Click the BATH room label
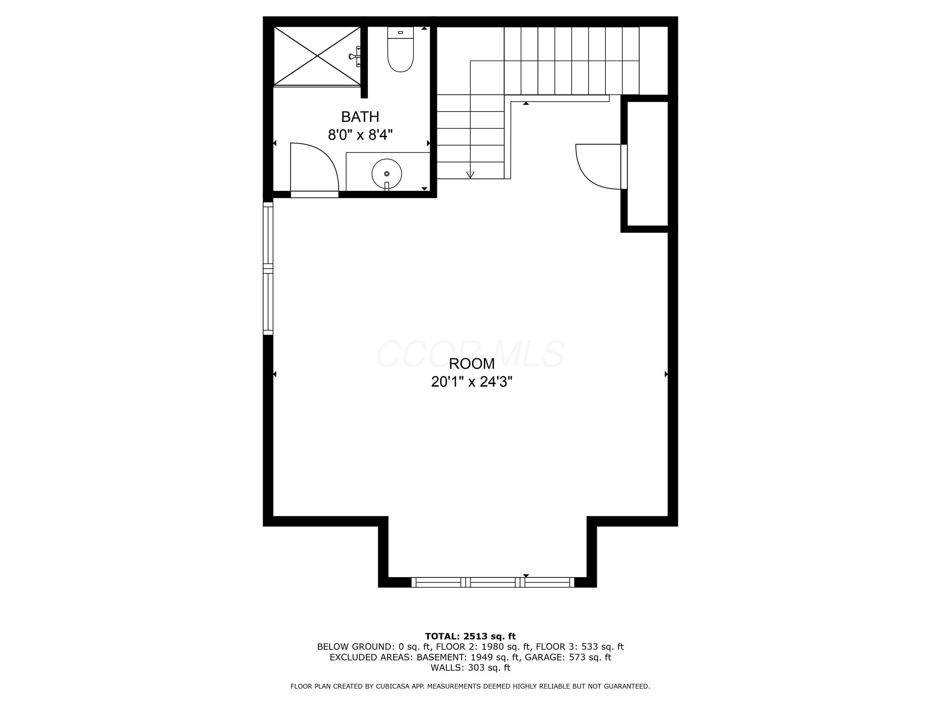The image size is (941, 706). [360, 117]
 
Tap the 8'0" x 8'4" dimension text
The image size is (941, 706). [360, 135]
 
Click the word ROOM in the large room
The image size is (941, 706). [472, 364]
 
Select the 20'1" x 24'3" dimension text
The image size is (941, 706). [472, 382]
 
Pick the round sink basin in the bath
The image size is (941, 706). [387, 174]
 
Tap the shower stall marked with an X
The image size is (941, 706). [317, 56]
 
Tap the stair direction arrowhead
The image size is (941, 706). [470, 174]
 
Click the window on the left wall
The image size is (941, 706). [268, 268]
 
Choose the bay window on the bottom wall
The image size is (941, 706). [493, 582]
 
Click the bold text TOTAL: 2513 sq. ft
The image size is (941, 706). [470, 636]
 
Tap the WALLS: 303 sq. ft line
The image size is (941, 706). [470, 668]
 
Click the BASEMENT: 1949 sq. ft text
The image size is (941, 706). [468, 657]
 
